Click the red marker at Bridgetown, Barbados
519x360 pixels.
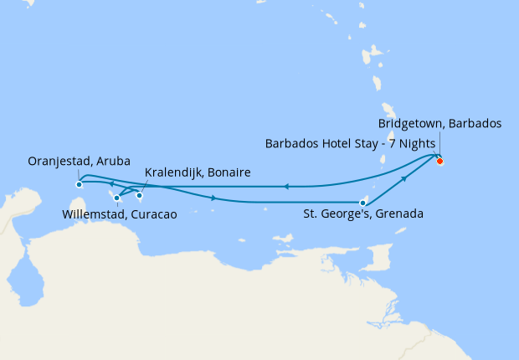pyautogui.click(x=439, y=161)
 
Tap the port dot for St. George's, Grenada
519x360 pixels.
pyautogui.click(x=362, y=203)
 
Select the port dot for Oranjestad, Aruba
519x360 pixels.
pyautogui.click(x=79, y=184)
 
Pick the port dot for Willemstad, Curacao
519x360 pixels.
pyautogui.click(x=117, y=198)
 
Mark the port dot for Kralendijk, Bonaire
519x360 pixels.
pyautogui.click(x=140, y=196)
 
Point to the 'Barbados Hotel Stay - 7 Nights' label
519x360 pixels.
pyautogui.click(x=350, y=143)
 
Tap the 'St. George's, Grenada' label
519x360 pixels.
pyautogui.click(x=362, y=214)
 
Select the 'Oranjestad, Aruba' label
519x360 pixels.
pyautogui.click(x=73, y=162)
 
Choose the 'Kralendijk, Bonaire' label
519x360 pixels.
pyautogui.click(x=198, y=173)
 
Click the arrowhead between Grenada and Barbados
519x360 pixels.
pyautogui.click(x=404, y=178)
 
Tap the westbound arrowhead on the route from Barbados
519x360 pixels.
pyautogui.click(x=285, y=187)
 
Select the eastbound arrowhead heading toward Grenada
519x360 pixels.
pyautogui.click(x=216, y=198)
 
